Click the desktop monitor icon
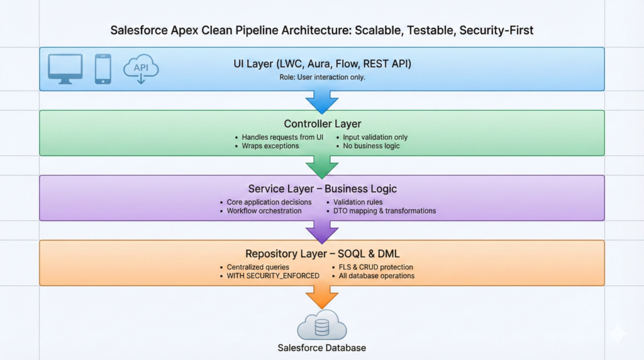point(65,69)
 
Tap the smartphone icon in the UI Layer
point(103,69)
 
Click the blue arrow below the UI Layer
point(321,101)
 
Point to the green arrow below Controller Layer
point(321,166)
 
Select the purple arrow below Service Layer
point(321,231)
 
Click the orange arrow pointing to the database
point(321,296)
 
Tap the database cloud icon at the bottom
point(321,325)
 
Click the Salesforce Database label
point(321,348)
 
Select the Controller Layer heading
point(321,124)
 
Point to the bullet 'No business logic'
point(371,146)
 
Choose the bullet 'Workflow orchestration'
point(264,211)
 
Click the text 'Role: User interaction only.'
point(321,77)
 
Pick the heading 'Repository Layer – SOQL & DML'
point(321,254)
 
